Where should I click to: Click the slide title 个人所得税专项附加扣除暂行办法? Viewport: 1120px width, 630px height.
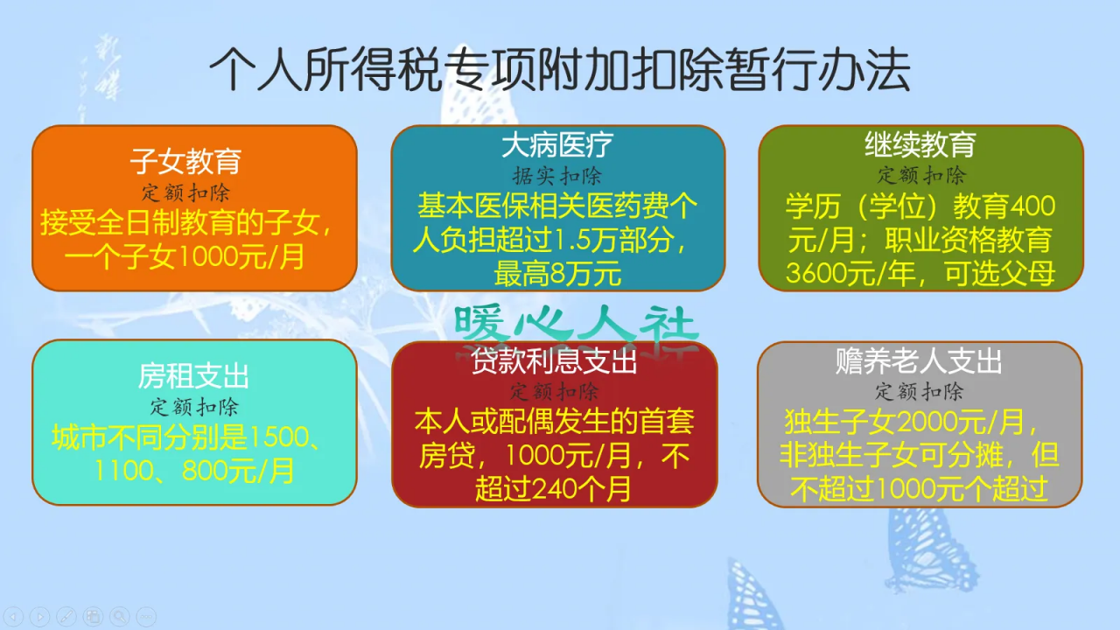pos(559,71)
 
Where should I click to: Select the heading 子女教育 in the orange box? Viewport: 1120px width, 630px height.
pos(185,161)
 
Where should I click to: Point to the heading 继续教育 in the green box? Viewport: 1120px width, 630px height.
pos(920,143)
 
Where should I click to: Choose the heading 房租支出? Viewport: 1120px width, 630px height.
pos(193,376)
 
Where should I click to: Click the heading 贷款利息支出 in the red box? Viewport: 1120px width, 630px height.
pos(554,361)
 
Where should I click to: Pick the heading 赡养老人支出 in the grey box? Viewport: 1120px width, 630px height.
pos(919,360)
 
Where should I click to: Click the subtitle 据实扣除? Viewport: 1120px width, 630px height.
pos(557,175)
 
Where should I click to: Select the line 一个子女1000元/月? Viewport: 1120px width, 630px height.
pos(185,257)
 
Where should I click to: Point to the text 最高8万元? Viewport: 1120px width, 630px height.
pos(557,274)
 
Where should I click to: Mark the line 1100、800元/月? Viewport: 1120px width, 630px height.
pos(194,472)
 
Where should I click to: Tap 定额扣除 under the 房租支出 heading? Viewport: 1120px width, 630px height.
pos(193,407)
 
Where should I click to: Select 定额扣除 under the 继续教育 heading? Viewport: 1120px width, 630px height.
pos(921,174)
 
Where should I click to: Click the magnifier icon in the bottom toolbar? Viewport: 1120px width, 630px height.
pos(119,616)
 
